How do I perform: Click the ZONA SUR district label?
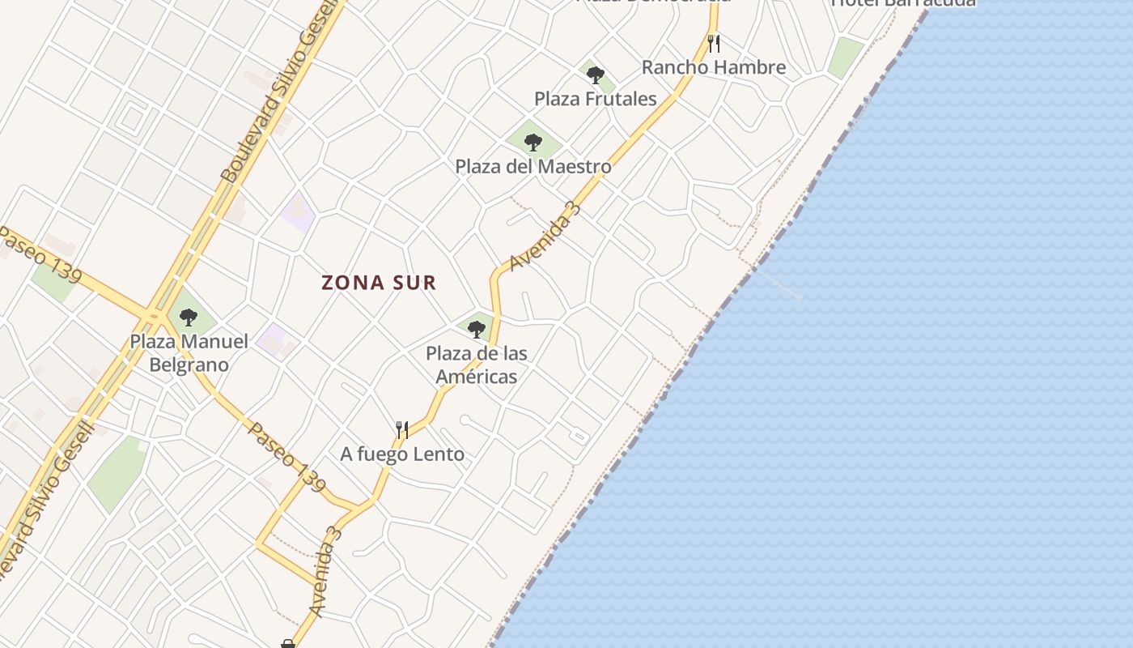click(379, 283)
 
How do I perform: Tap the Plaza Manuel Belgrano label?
click(189, 353)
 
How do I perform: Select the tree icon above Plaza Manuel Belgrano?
click(189, 317)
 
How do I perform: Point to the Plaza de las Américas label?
click(477, 364)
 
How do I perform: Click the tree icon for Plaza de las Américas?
click(477, 329)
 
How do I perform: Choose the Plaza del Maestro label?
click(533, 167)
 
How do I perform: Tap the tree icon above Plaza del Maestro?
click(533, 143)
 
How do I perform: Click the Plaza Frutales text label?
click(595, 99)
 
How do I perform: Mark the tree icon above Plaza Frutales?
click(596, 75)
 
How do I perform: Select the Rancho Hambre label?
click(713, 67)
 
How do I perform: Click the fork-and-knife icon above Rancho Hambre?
click(713, 43)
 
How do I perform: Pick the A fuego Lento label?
click(402, 454)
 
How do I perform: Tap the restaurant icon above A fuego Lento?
click(401, 428)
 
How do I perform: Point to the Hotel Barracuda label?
click(903, 3)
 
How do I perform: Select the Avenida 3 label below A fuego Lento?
click(325, 571)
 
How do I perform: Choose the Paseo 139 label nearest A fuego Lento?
click(286, 457)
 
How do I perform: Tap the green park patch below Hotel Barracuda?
click(846, 57)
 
